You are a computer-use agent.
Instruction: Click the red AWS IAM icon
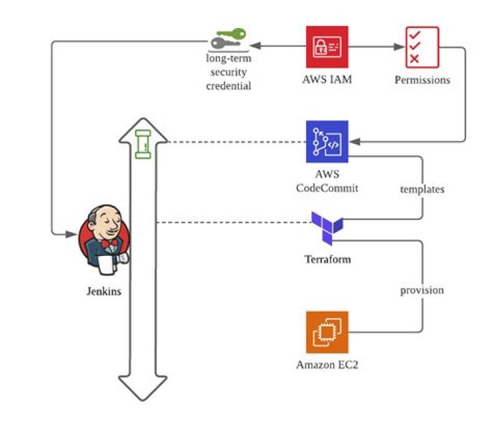pos(327,46)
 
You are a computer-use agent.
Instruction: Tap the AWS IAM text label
pos(327,79)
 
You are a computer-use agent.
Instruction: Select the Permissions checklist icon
pos(422,46)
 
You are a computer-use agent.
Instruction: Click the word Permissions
pos(422,80)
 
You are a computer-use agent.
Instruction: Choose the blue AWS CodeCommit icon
pos(327,141)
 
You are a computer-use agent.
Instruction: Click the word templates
pos(422,189)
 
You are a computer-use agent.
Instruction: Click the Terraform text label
pos(327,259)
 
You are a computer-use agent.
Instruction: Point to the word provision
pos(422,290)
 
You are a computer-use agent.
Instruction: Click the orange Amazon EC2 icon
pos(327,332)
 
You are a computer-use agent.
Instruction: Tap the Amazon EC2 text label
pos(327,365)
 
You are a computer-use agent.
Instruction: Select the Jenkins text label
pos(104,291)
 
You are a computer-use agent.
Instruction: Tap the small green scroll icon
pos(142,145)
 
